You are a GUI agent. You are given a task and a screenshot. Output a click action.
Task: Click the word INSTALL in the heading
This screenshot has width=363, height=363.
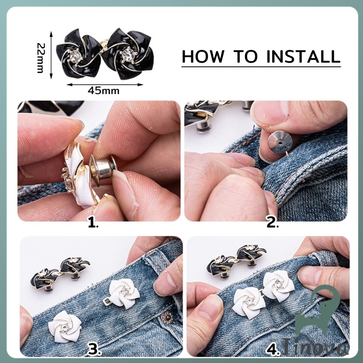[303, 56]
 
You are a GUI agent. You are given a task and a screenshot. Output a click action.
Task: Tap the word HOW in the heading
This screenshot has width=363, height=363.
[203, 56]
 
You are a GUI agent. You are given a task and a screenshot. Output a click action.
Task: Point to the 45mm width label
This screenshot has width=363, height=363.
[104, 91]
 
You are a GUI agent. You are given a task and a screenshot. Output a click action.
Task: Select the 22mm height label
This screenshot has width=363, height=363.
[40, 58]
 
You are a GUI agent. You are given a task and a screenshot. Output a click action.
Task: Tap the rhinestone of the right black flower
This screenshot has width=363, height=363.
[127, 54]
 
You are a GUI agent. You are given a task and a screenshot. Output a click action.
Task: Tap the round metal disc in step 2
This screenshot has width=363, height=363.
[280, 142]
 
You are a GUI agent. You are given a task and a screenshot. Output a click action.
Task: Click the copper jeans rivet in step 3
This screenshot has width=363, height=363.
[167, 317]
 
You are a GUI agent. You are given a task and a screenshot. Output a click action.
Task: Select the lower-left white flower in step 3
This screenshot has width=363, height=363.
[65, 326]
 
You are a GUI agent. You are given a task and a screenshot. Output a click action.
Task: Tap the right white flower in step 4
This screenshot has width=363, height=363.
[279, 286]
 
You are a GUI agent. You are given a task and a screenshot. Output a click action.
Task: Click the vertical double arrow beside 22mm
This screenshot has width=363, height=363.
[51, 55]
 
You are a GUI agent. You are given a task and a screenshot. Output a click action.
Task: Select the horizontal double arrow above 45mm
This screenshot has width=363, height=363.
[105, 84]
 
